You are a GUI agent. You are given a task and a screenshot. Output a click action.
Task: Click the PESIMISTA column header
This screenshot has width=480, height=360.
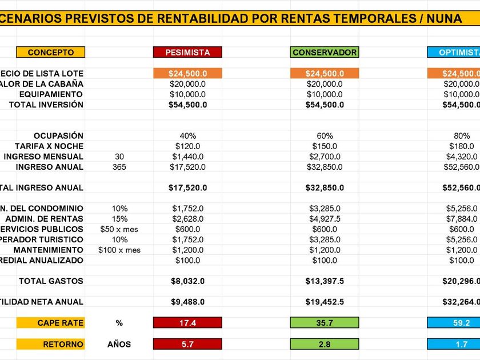(x=187, y=52)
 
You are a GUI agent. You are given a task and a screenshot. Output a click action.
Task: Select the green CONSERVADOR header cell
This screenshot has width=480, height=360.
(x=325, y=52)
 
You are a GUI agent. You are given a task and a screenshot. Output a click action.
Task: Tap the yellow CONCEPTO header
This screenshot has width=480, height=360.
(x=51, y=52)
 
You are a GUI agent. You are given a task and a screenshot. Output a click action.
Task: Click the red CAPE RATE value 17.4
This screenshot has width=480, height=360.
(x=187, y=323)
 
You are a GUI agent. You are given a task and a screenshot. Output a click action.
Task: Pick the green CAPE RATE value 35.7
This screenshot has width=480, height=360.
(x=325, y=323)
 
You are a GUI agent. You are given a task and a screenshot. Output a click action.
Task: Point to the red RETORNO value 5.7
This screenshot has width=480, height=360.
(x=187, y=344)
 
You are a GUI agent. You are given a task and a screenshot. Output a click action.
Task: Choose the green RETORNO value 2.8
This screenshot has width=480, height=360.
(x=325, y=344)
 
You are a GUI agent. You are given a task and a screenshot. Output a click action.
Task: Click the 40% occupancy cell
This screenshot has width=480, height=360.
(x=187, y=136)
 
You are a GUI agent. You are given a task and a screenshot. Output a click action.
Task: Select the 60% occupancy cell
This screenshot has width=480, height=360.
(x=325, y=136)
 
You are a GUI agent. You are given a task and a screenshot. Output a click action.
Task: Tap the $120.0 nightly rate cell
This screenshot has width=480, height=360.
(x=187, y=146)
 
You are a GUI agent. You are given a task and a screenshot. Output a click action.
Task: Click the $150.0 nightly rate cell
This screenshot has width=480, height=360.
(x=325, y=146)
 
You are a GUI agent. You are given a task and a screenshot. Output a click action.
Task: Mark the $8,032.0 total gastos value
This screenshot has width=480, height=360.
(x=187, y=281)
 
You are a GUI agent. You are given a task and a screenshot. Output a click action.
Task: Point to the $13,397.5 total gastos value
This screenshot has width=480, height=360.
(x=325, y=281)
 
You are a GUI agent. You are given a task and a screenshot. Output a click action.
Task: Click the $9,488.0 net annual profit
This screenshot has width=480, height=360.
(x=187, y=302)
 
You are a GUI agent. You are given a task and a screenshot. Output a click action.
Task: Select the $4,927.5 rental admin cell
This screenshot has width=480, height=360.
(x=325, y=219)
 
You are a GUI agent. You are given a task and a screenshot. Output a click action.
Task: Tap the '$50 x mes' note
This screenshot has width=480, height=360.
(x=119, y=229)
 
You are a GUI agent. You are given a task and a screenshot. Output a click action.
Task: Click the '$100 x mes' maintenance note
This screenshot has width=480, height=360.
(x=119, y=250)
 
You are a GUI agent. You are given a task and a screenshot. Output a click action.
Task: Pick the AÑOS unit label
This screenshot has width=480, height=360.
(x=119, y=344)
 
